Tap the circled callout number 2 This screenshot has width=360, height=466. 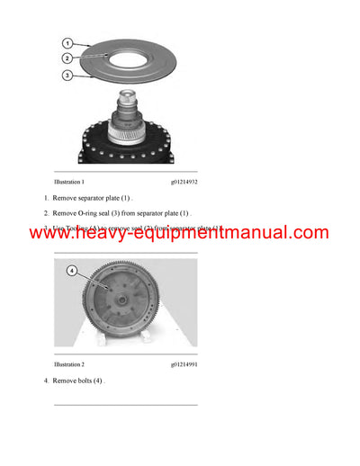pyautogui.click(x=68, y=58)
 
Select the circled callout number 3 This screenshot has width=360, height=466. pyautogui.click(x=68, y=76)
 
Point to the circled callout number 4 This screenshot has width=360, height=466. pyautogui.click(x=72, y=269)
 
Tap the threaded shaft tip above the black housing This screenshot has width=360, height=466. pyautogui.click(x=134, y=98)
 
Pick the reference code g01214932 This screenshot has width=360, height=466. pyautogui.click(x=184, y=181)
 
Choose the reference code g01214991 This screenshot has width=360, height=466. pyautogui.click(x=184, y=364)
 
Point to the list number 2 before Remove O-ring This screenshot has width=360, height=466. pyautogui.click(x=45, y=212)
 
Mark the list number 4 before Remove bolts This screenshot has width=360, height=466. pyautogui.click(x=45, y=381)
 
